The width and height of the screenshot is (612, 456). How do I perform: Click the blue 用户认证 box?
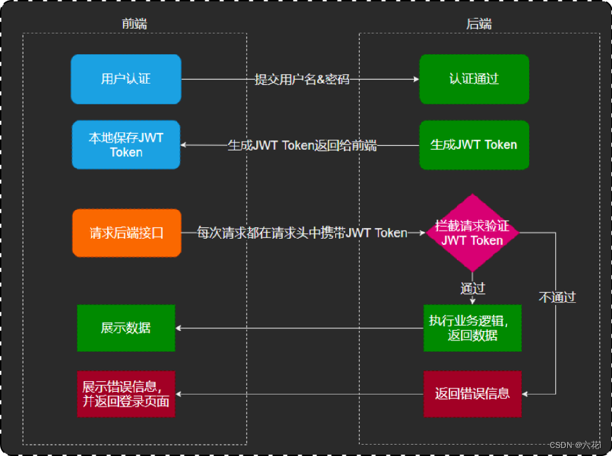(x=126, y=79)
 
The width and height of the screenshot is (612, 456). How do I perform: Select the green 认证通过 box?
(x=474, y=79)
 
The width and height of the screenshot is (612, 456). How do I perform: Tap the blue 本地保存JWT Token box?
(x=126, y=144)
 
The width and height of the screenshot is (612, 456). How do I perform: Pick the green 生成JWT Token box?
(x=474, y=144)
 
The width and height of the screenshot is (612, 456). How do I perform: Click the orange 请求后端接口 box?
(x=126, y=233)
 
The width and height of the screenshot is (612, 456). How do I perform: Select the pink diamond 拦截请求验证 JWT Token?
(x=473, y=233)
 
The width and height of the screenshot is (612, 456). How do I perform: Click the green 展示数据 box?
(x=126, y=328)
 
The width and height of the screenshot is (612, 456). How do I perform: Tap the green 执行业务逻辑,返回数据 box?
(x=472, y=328)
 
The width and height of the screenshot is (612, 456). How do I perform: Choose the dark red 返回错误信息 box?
(x=472, y=393)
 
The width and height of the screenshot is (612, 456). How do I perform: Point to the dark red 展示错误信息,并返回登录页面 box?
(x=126, y=394)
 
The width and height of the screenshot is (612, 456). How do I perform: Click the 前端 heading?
(x=134, y=24)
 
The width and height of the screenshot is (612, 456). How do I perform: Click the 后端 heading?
(x=479, y=24)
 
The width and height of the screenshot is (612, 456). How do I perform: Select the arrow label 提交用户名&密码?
(x=302, y=79)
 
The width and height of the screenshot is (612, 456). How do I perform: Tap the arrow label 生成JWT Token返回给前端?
(x=302, y=145)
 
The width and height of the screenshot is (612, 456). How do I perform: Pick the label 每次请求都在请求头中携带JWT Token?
(x=302, y=233)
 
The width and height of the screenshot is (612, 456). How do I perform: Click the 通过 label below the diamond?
(x=472, y=288)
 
